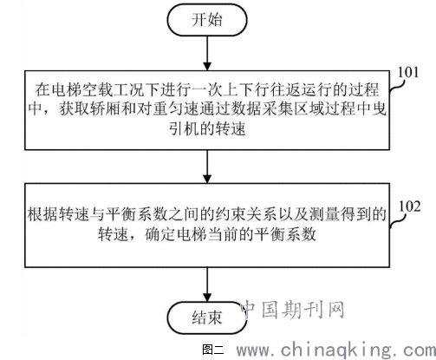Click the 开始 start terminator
click(x=207, y=20)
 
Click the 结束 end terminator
click(x=207, y=317)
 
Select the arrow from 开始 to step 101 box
click(x=207, y=53)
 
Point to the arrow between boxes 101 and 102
click(x=207, y=167)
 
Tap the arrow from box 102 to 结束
click(x=207, y=285)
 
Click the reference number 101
click(x=408, y=72)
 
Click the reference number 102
click(x=410, y=206)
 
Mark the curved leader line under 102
click(x=398, y=221)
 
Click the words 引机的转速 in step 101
click(x=207, y=128)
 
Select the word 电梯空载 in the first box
click(x=81, y=89)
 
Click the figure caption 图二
click(x=213, y=350)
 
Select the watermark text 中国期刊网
click(x=292, y=310)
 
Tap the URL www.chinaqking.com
click(x=336, y=350)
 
